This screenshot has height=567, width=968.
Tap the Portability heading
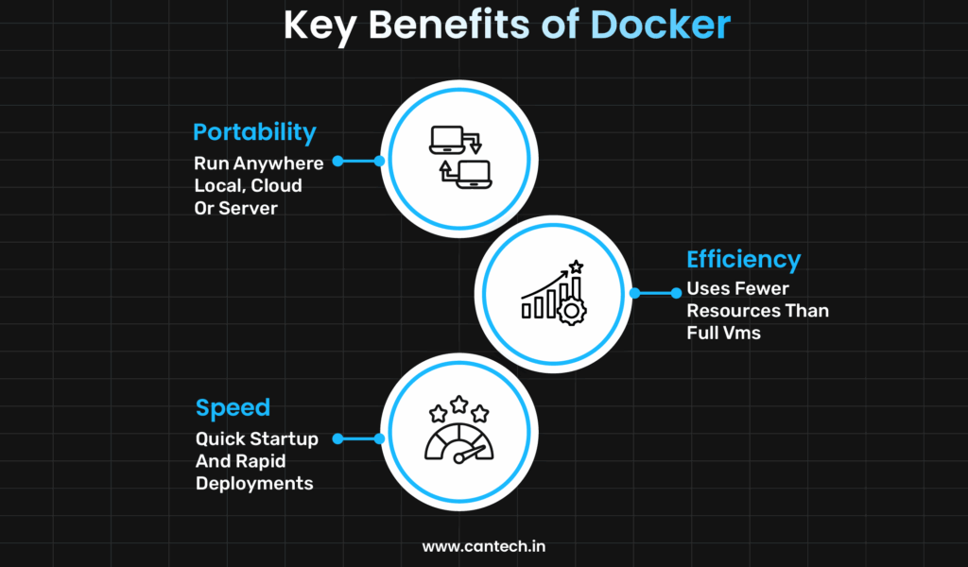coord(254,131)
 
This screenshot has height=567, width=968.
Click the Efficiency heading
coord(744,259)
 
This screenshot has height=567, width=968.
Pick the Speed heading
coord(233,408)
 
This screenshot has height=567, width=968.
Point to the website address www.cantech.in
coord(484,546)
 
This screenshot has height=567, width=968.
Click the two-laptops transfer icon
coord(458,155)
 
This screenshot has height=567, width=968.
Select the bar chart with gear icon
coord(553,293)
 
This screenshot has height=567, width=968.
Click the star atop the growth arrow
coord(576,266)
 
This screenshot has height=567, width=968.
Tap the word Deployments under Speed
coord(254,483)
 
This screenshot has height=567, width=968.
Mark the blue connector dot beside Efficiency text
coord(676,293)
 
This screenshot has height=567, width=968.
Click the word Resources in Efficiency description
coord(734,311)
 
